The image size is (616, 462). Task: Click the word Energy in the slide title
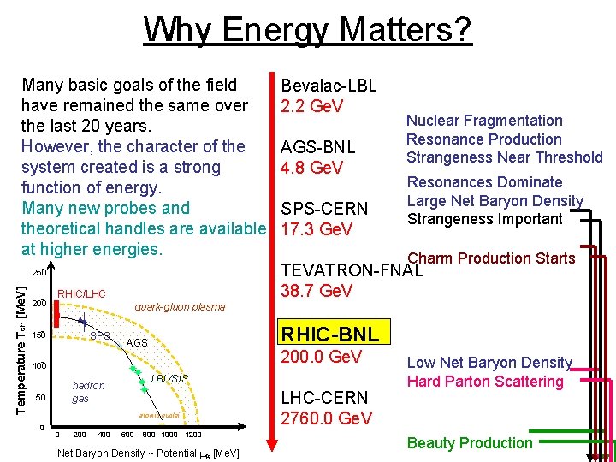click(281, 30)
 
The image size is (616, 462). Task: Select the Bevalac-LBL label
click(329, 86)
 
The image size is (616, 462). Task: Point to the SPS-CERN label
click(324, 210)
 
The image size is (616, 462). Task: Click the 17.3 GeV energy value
click(317, 230)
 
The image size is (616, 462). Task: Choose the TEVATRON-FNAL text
click(352, 270)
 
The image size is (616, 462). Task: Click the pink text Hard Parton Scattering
click(485, 382)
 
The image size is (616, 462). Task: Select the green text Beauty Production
click(469, 443)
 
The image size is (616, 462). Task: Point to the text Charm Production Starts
click(491, 258)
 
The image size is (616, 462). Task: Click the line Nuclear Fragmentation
click(484, 121)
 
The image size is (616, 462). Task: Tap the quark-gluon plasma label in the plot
click(180, 307)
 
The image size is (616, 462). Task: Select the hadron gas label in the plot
click(87, 393)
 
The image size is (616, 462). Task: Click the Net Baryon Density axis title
click(147, 453)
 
